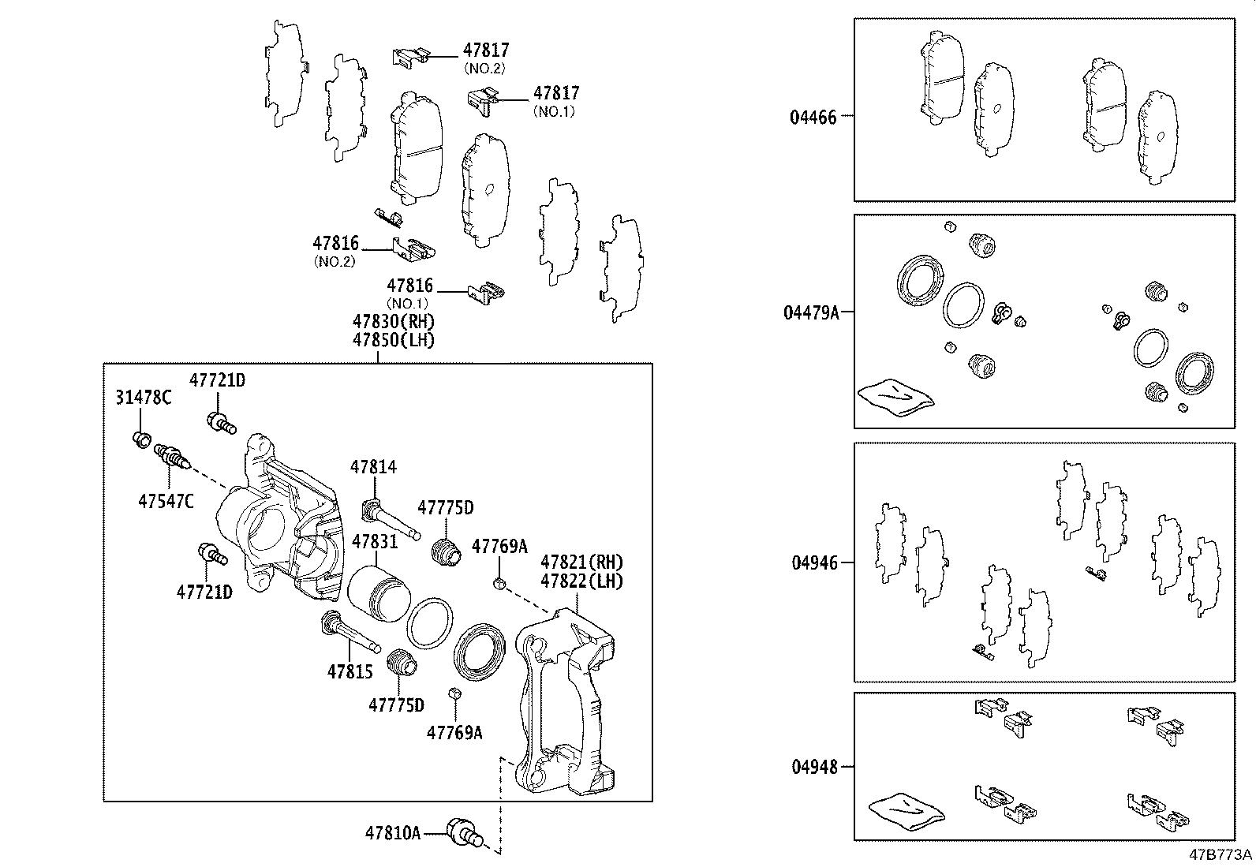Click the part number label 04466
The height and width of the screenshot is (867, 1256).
(813, 118)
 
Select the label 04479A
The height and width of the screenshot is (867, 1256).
(811, 312)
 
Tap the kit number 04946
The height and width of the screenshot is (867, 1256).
(813, 563)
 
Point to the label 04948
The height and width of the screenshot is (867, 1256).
(813, 766)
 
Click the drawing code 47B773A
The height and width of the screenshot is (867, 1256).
(1220, 855)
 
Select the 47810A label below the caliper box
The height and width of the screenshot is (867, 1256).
(392, 832)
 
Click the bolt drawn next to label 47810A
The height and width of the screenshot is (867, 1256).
(462, 832)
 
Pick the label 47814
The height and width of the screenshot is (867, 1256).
(373, 467)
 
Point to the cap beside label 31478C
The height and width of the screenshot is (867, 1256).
(142, 438)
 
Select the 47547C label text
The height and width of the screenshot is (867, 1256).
(166, 501)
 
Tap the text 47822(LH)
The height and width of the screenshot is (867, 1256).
(581, 581)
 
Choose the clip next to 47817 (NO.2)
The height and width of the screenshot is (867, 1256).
(410, 56)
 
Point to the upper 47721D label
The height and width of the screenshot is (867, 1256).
(217, 380)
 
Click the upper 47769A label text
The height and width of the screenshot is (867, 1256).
(499, 546)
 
